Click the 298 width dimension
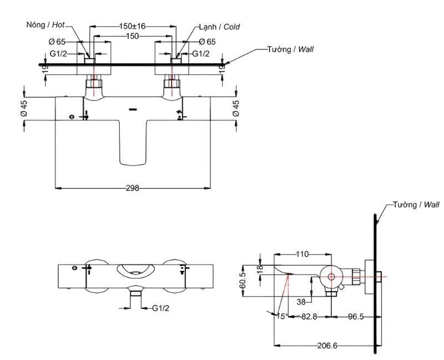click(x=133, y=188)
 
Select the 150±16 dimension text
click(x=132, y=26)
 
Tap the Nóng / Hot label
click(x=46, y=24)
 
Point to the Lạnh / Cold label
click(x=219, y=27)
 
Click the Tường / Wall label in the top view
click(x=290, y=49)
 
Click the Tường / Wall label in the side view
click(x=416, y=205)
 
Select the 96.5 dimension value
click(x=356, y=316)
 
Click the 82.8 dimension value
click(x=309, y=316)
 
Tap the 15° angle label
click(x=282, y=316)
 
